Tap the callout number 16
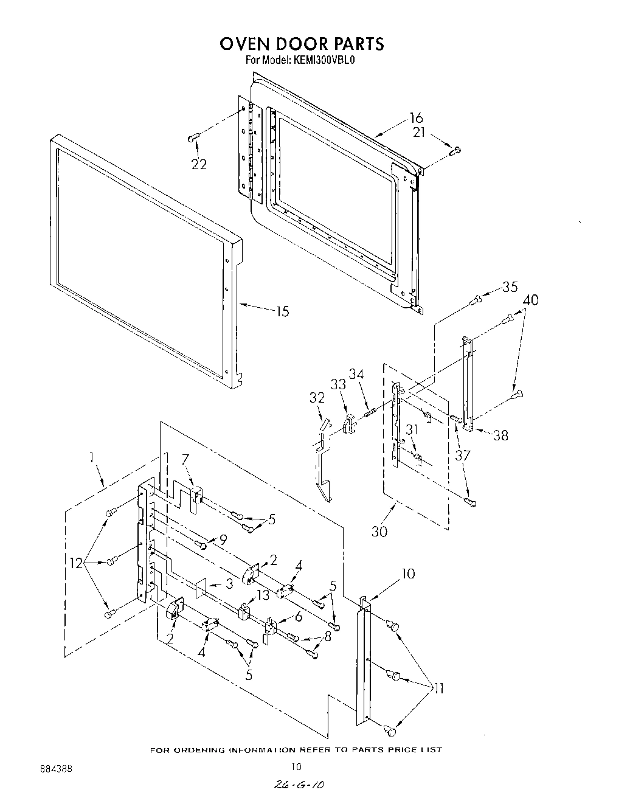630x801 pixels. pos(416,118)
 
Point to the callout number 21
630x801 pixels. pos(419,132)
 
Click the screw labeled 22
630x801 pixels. pos(193,139)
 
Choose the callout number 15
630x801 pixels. pos(282,312)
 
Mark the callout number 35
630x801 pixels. pos(510,287)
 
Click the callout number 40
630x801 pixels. pos(530,300)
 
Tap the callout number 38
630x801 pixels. pos(500,435)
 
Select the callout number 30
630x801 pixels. pos(379,531)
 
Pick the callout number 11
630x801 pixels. pos(437,688)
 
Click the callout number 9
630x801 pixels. pos(223,538)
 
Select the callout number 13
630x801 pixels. pos(263,595)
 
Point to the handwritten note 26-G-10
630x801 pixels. pos(297,786)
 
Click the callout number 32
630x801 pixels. pos(317,398)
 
